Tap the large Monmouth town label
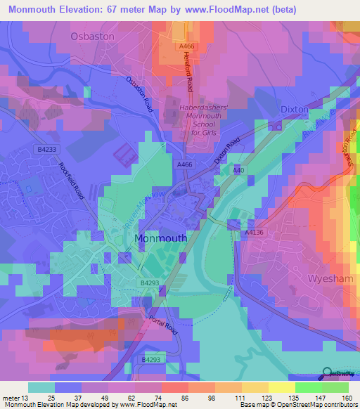(160, 238)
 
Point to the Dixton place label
(295, 110)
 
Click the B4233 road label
(47, 150)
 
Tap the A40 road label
(238, 171)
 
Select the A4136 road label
(254, 232)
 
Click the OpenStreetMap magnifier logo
(328, 373)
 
